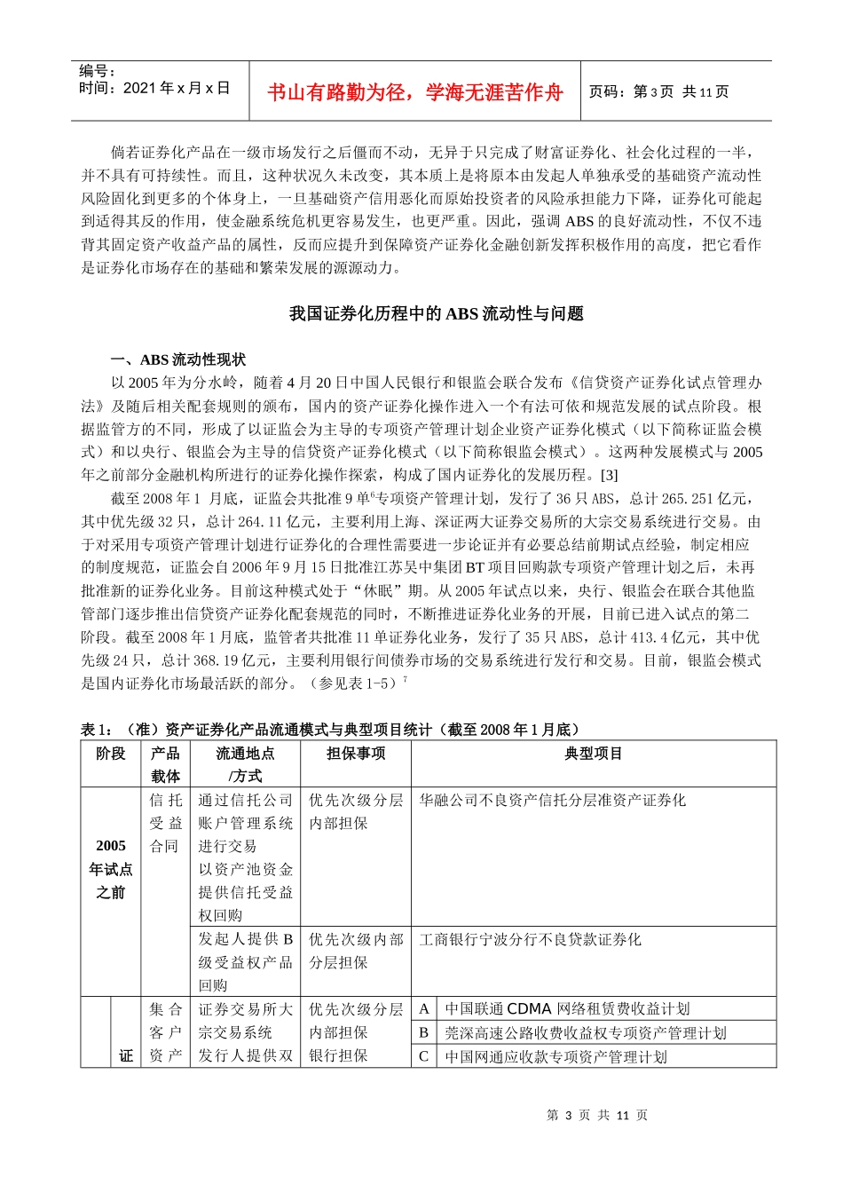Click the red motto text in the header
(x=414, y=92)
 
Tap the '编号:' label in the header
(x=98, y=71)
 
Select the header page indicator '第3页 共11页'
(x=658, y=91)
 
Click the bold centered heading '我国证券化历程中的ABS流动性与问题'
(x=436, y=313)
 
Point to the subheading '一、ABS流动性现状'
(x=178, y=359)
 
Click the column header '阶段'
(x=111, y=754)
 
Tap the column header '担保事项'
(x=355, y=754)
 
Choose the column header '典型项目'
(x=593, y=754)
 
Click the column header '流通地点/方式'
(x=245, y=764)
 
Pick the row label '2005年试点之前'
(x=111, y=869)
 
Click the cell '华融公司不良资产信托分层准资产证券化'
(x=552, y=800)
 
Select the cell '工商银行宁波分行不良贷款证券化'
(x=530, y=939)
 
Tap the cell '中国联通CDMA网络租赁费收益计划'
(x=567, y=1008)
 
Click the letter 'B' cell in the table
(x=423, y=1032)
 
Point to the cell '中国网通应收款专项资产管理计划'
(x=555, y=1056)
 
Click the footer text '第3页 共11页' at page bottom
(x=597, y=1115)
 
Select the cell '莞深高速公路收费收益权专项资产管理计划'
(x=585, y=1032)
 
